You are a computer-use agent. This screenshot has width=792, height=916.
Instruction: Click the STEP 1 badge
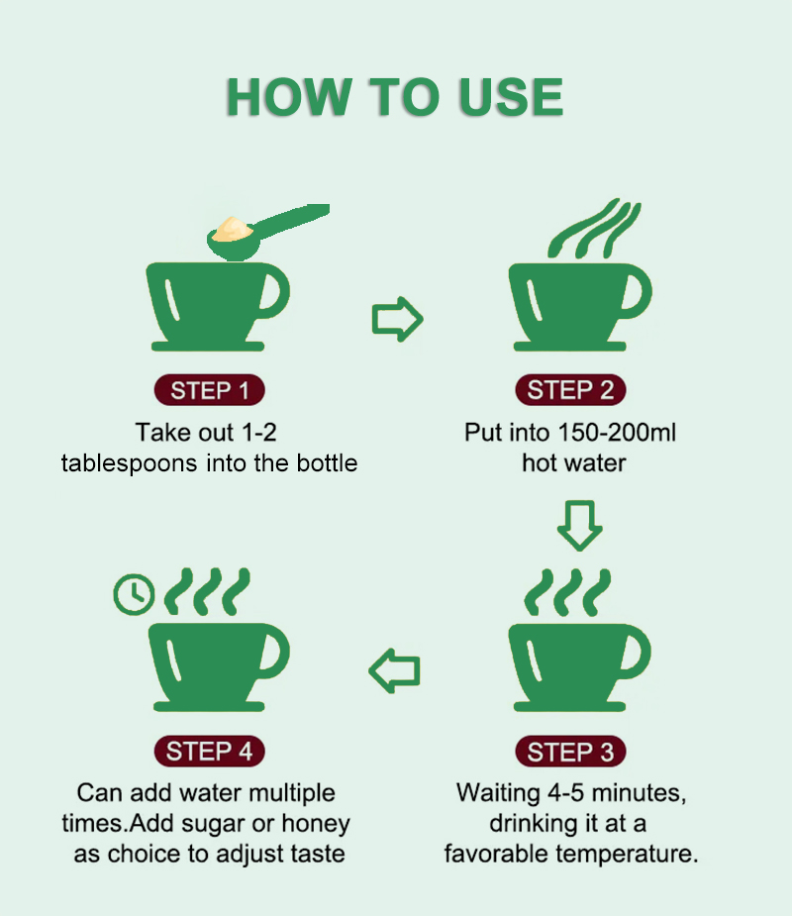tap(209, 390)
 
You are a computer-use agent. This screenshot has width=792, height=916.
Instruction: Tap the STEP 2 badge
tap(570, 389)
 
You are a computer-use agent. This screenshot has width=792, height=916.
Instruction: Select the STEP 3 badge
tap(570, 752)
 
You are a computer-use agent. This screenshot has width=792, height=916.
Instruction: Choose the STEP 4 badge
tap(209, 752)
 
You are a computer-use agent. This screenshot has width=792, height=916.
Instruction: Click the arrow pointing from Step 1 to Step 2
tap(397, 319)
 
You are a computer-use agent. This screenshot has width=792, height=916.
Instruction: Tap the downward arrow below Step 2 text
tap(579, 525)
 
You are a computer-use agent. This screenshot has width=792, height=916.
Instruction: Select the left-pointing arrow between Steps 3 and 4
tap(394, 670)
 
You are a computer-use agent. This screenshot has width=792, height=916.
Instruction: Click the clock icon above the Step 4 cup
tap(134, 595)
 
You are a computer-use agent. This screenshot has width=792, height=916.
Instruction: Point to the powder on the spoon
tap(232, 229)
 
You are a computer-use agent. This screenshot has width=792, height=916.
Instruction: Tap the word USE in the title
tap(511, 97)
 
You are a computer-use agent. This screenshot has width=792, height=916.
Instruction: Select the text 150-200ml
tap(617, 433)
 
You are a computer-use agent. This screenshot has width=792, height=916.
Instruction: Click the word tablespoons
tap(129, 463)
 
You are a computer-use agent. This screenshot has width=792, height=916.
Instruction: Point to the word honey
tap(316, 824)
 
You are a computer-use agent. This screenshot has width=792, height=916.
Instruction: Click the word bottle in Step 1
tap(327, 462)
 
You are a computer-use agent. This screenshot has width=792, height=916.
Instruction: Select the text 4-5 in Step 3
tap(565, 793)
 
